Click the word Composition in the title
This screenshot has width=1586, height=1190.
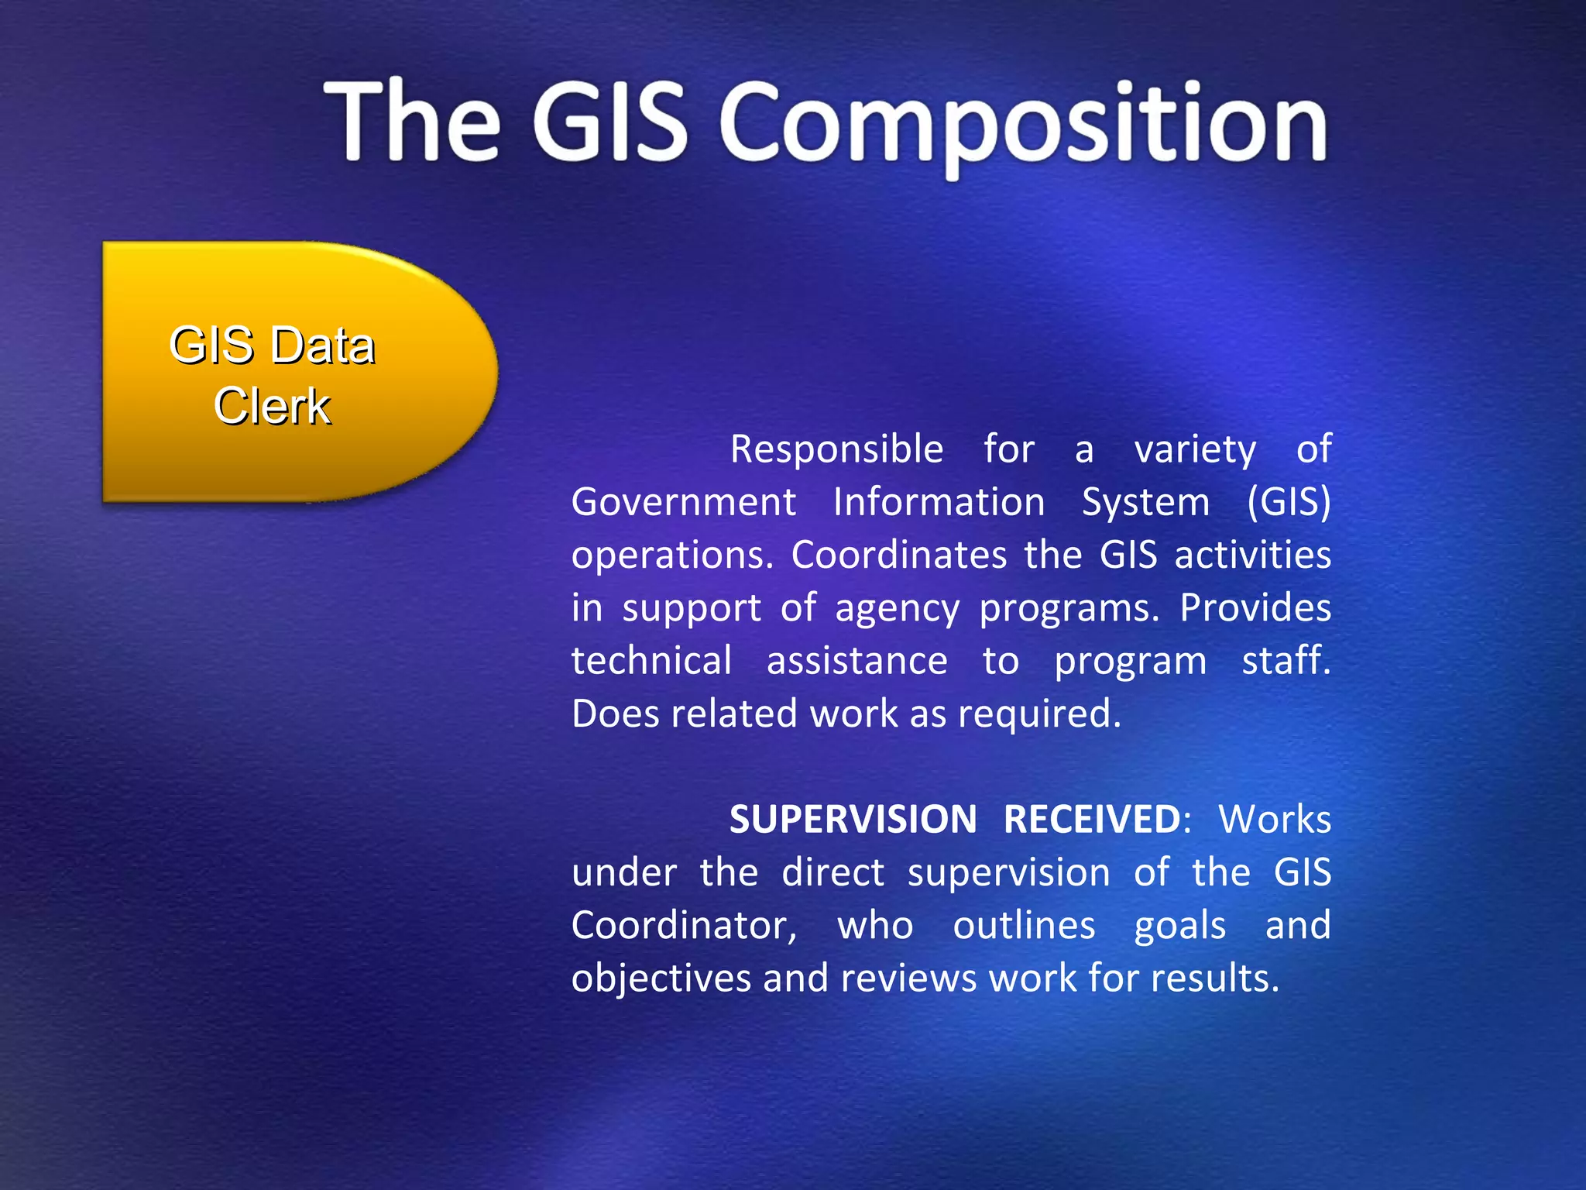pos(1024,124)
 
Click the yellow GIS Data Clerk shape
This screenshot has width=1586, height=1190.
pos(298,372)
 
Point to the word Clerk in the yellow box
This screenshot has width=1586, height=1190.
pos(272,406)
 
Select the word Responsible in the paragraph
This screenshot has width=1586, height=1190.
pos(836,449)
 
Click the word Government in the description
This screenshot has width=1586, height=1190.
pos(683,502)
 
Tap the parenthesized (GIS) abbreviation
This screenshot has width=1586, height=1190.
pos(1289,502)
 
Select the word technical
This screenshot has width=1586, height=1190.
pos(651,661)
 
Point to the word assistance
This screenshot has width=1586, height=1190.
pos(857,661)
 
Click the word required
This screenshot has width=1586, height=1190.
pos(1038,714)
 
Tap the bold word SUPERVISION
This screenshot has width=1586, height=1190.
pos(853,820)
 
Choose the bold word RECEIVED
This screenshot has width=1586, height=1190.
pos(1092,820)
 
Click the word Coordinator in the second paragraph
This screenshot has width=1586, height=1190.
pos(684,926)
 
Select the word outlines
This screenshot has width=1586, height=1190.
pos(1024,926)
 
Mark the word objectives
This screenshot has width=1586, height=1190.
pos(661,978)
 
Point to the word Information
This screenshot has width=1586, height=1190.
pos(939,502)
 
